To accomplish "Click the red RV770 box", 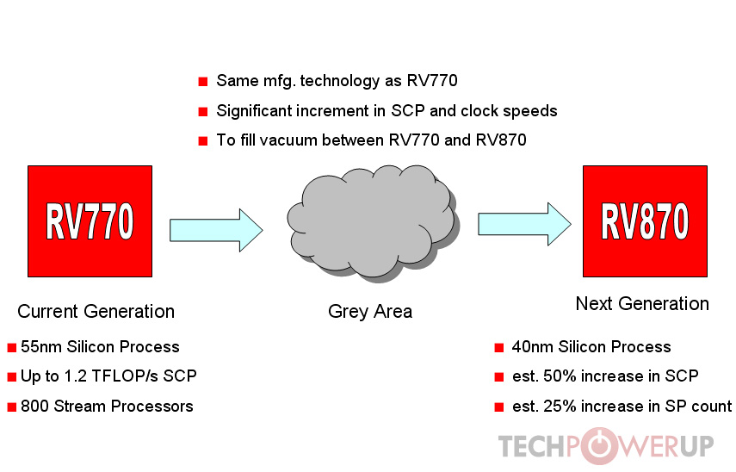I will click(90, 221).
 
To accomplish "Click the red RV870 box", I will click(645, 221).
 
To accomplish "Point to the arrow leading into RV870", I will click(524, 223).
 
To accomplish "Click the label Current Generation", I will click(96, 312).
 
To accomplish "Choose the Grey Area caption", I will click(370, 312).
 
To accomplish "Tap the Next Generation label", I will click(642, 303).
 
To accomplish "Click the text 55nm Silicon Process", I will click(100, 347).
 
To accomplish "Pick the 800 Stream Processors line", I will click(107, 406).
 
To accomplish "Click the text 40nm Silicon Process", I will click(591, 347).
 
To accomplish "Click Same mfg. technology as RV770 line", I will click(337, 82).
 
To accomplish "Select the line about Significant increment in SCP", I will click(387, 111).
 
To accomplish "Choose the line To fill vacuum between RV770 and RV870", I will click(371, 140).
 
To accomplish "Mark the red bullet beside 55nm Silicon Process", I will click(12, 348).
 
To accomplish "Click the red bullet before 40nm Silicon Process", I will click(499, 348).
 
